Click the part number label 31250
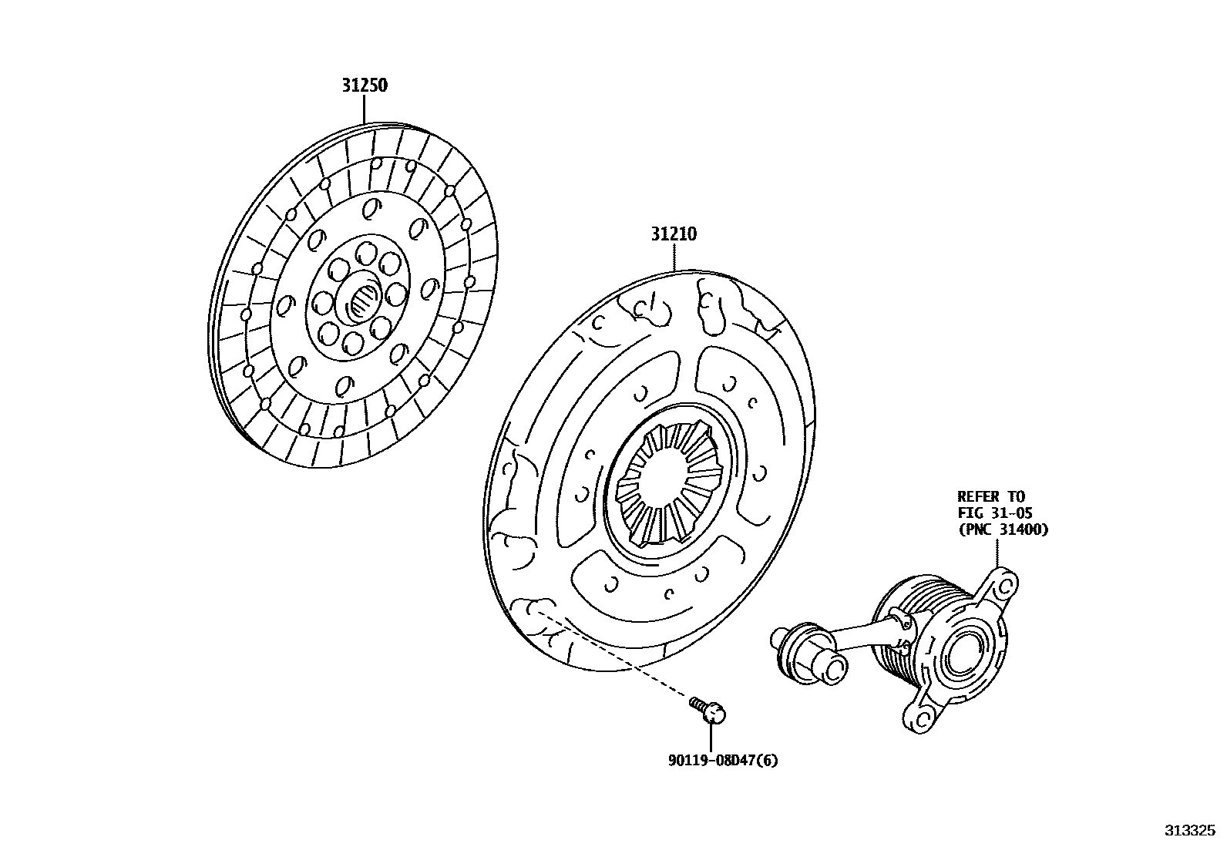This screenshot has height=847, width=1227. click(365, 85)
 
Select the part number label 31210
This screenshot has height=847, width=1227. click(674, 234)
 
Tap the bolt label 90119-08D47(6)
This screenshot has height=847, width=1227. click(723, 761)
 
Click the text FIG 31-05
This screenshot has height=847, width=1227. click(995, 513)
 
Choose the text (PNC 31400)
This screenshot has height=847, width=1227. click(1003, 529)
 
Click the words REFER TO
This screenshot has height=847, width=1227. click(991, 496)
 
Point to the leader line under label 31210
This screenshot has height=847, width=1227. click(674, 257)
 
